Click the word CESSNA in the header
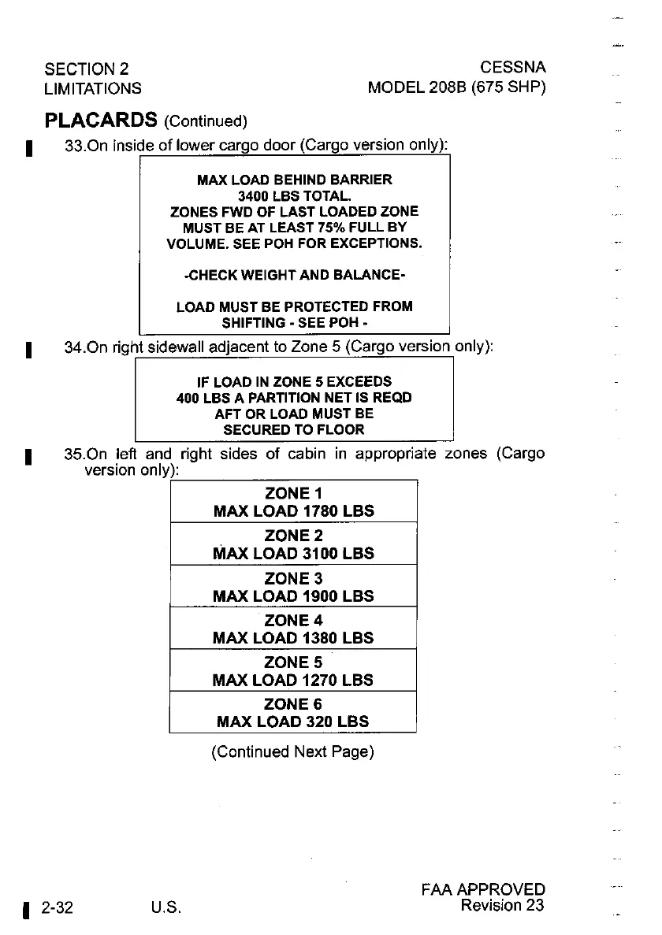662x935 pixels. coord(512,69)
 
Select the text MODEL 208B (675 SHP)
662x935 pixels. coord(456,87)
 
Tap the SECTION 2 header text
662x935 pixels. coord(87,69)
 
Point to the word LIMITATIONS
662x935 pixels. coord(93,88)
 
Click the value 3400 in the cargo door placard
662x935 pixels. coord(254,195)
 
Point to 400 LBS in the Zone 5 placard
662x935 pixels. coord(201,398)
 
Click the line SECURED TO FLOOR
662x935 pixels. coord(294,430)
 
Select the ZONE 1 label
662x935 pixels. coord(293,494)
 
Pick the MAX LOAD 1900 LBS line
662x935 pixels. coord(293,596)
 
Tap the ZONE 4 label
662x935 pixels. coord(293,621)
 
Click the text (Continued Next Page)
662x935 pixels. coord(292,752)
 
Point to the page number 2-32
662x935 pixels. coord(58,907)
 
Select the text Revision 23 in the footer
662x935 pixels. coord(503,905)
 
